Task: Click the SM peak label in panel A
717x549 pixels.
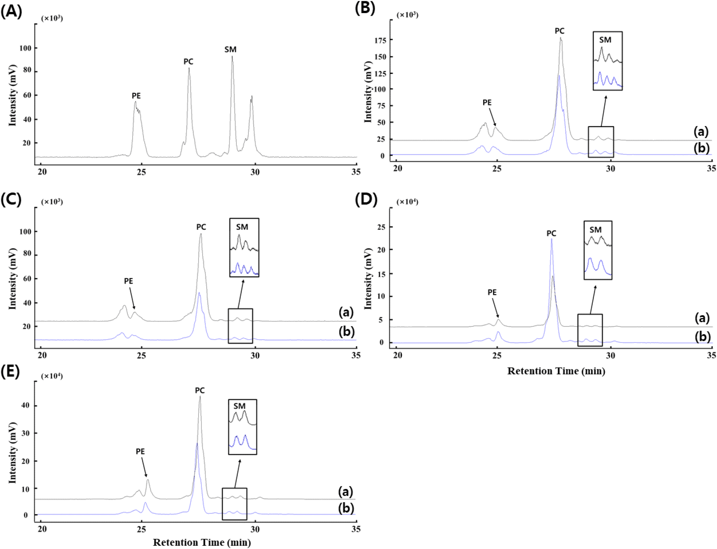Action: click(x=230, y=49)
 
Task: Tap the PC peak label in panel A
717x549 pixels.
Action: click(x=188, y=61)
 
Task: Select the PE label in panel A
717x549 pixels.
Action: click(x=136, y=96)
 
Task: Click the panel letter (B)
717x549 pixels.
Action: click(x=365, y=8)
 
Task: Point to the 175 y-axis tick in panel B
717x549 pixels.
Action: click(x=380, y=40)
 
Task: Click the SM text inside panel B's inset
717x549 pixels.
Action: click(x=605, y=40)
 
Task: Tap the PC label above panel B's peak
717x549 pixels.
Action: click(x=560, y=31)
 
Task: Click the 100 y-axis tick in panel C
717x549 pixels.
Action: click(x=26, y=232)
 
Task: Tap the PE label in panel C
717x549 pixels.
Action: click(x=129, y=281)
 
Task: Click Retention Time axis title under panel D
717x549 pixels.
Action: click(x=556, y=371)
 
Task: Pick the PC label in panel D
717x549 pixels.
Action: click(x=552, y=233)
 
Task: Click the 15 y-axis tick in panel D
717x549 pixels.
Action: click(x=382, y=274)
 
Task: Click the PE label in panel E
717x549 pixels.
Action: click(x=140, y=451)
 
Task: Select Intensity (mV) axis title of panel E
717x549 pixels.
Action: click(x=12, y=453)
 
